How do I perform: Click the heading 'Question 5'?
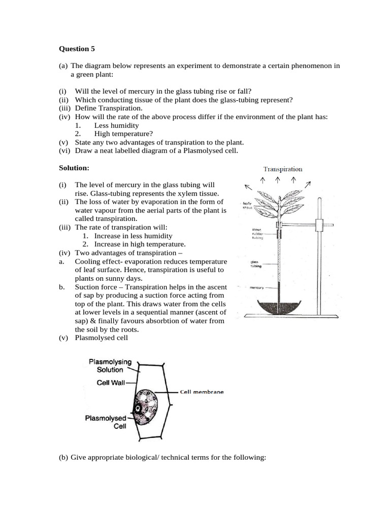(77, 49)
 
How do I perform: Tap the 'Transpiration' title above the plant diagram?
(282, 169)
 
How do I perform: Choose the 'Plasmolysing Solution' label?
(110, 365)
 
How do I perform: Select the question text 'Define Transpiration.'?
(109, 108)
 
